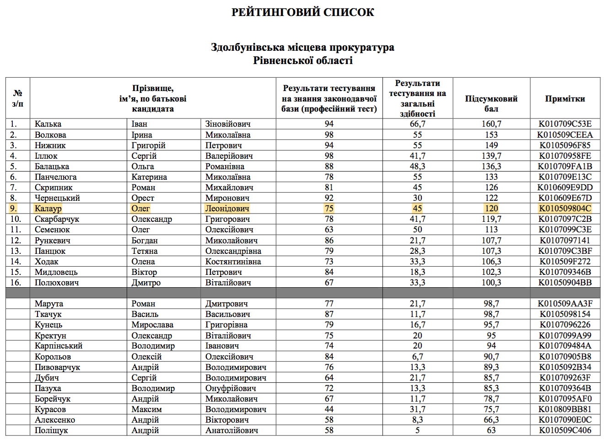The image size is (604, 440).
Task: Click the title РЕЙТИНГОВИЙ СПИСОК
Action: (x=302, y=12)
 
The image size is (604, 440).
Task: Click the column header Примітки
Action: (x=565, y=98)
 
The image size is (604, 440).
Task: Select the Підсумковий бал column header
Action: (x=491, y=103)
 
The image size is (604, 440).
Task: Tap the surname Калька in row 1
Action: (x=48, y=124)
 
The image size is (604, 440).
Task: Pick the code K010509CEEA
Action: (x=565, y=135)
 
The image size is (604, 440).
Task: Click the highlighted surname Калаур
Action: (x=48, y=209)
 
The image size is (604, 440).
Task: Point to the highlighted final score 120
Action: (x=491, y=209)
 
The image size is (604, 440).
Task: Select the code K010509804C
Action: (x=565, y=209)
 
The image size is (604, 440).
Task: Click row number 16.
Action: (x=16, y=283)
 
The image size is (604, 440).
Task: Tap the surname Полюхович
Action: (x=57, y=283)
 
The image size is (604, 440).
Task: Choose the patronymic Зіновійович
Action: (x=228, y=124)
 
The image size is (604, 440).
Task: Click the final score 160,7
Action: (x=491, y=124)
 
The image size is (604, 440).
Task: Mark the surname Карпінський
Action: (x=59, y=346)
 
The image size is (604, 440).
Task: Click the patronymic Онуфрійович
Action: (x=231, y=388)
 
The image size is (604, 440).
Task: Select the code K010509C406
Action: (x=565, y=430)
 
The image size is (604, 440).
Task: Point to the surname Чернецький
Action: (x=57, y=198)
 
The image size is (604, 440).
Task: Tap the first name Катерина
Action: (x=149, y=177)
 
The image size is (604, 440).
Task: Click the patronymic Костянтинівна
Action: (x=233, y=262)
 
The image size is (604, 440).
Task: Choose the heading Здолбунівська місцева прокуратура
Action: (x=302, y=47)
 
